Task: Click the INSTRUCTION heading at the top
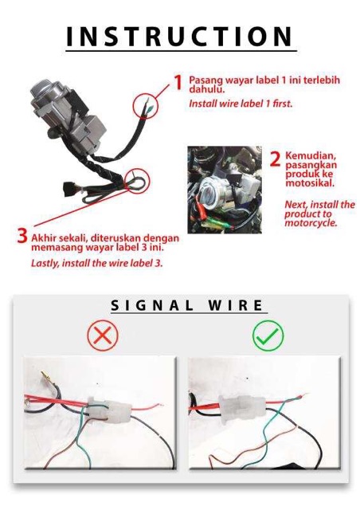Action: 179,36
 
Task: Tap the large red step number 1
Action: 178,81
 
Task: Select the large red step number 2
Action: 275,159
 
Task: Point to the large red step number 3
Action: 22,236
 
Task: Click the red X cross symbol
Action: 103,335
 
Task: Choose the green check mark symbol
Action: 268,335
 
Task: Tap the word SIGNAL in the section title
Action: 152,305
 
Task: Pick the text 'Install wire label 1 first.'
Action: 241,104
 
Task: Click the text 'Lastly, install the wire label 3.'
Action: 96,263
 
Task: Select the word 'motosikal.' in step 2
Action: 305,182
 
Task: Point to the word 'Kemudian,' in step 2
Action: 311,155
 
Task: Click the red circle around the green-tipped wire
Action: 146,106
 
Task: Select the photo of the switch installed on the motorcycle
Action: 225,190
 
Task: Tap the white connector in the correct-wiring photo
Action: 242,409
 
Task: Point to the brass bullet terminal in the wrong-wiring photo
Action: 46,376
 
